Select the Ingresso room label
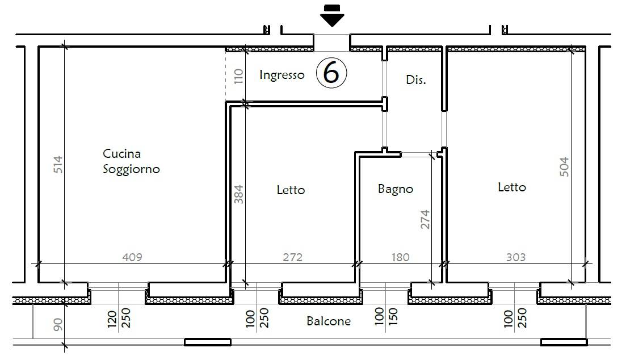[x=282, y=75]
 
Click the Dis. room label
[x=415, y=80]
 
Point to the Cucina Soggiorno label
[x=131, y=161]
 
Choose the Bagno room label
[x=395, y=189]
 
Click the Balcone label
[x=329, y=321]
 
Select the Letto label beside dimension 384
[x=291, y=190]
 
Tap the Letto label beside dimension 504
[x=511, y=187]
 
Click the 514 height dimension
[x=58, y=165]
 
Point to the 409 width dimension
[x=132, y=257]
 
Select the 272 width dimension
[x=292, y=257]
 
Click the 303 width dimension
[x=515, y=257]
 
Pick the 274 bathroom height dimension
[x=425, y=219]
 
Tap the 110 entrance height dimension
[x=238, y=77]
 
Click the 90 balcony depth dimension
[x=58, y=324]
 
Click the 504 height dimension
[x=564, y=167]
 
